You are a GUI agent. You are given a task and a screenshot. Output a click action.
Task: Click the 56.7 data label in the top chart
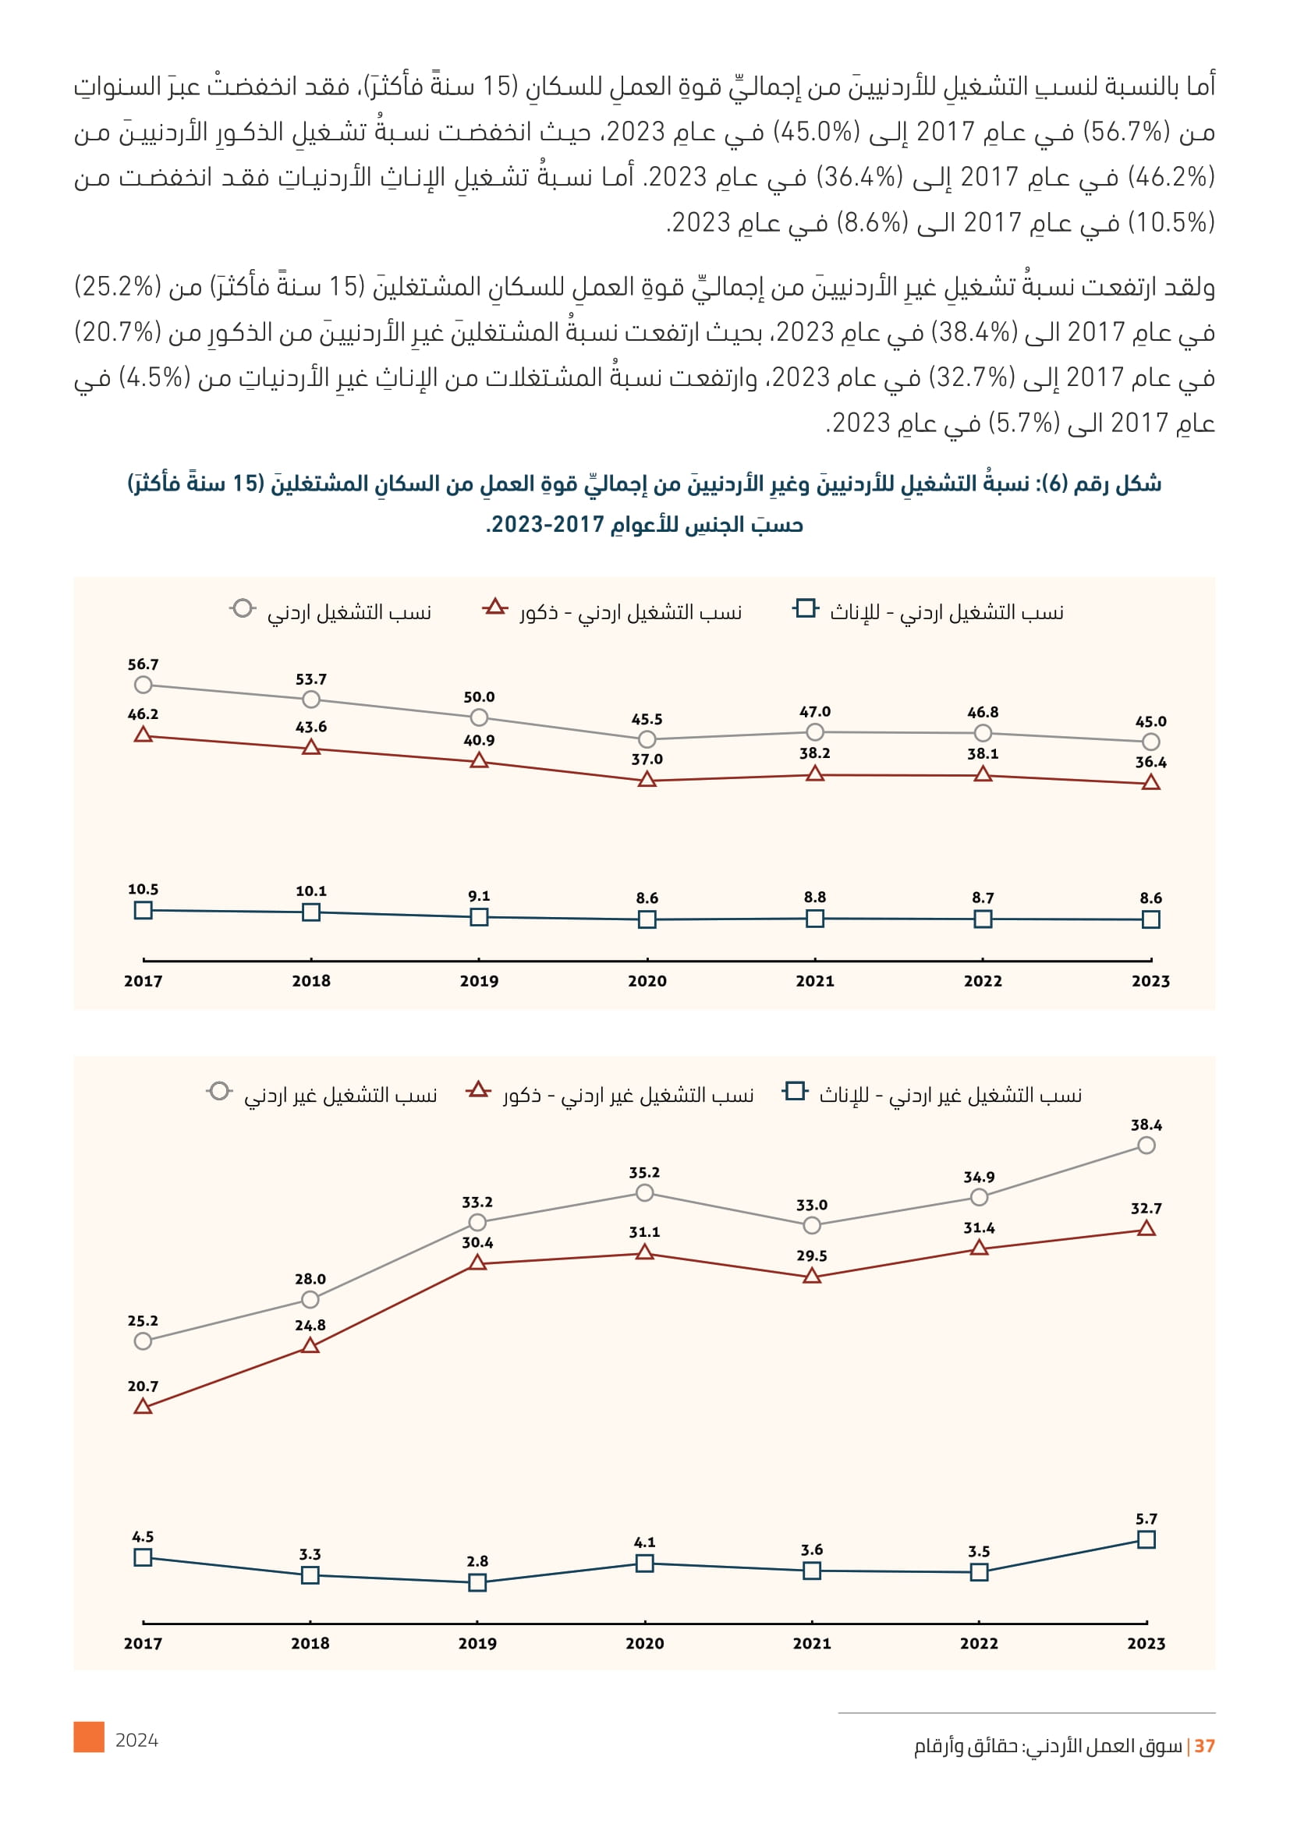point(143,664)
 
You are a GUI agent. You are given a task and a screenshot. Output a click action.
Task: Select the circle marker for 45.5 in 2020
point(647,739)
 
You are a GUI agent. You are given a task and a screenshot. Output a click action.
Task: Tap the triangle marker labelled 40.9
point(479,761)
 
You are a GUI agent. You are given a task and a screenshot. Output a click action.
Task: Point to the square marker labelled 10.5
point(143,910)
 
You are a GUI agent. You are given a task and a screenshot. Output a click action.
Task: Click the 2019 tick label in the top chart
point(479,981)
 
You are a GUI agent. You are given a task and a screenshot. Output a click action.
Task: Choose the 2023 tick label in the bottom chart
point(1146,1644)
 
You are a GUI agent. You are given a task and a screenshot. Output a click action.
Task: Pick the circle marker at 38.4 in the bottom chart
point(1146,1146)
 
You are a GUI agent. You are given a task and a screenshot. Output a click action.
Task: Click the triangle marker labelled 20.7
point(143,1407)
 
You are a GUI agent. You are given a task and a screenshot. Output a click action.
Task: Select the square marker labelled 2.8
point(477,1582)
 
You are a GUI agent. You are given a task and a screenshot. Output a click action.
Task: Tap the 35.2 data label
point(644,1173)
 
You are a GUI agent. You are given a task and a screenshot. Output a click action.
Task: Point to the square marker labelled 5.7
point(1146,1539)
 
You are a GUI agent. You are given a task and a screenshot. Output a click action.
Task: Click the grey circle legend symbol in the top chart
point(243,608)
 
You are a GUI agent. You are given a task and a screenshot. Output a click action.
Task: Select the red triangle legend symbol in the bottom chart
point(478,1089)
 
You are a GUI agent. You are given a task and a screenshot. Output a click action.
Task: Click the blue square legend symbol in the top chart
point(806,608)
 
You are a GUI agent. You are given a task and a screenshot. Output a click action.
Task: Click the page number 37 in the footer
point(1204,1745)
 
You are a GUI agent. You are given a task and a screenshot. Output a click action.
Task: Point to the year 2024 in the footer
point(136,1741)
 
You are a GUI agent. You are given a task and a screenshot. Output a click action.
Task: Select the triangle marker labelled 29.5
point(812,1276)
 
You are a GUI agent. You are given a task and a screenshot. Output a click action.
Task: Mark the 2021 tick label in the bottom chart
point(812,1644)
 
